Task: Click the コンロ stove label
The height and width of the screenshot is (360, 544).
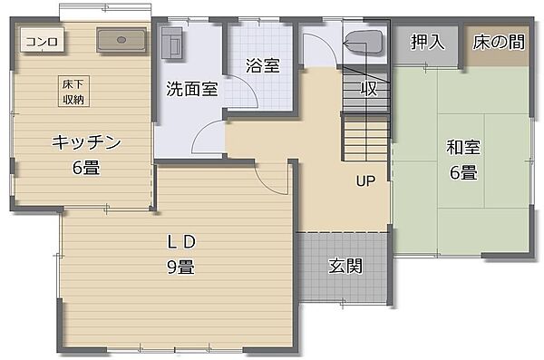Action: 42,41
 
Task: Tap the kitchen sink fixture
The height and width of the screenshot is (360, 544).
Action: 121,41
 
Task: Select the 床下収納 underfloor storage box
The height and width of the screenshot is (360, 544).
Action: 74,92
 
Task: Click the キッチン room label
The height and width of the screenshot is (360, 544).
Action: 86,142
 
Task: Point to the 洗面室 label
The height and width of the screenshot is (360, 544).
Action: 191,89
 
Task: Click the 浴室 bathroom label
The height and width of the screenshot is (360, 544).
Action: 262,66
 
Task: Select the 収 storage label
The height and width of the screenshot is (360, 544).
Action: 368,88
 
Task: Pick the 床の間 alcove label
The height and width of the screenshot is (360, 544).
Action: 499,42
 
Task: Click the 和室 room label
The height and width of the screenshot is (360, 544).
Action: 461,147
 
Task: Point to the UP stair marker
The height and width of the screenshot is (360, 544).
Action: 365,181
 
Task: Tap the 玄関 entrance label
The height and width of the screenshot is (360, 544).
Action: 345,266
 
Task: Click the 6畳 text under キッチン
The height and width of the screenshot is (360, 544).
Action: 86,168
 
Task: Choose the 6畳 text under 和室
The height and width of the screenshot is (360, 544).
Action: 461,172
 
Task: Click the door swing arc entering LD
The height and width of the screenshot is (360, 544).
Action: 270,178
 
